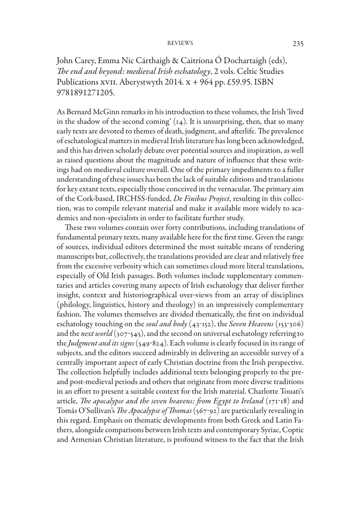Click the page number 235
pos(298,43)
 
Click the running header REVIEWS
pos(180,43)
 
